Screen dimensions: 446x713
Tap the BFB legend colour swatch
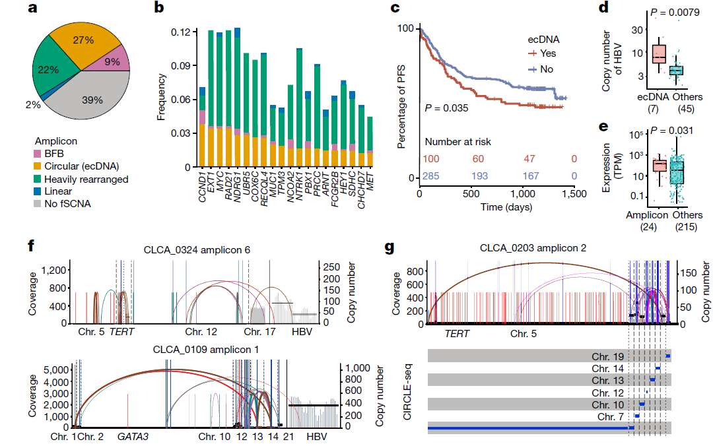[40, 154]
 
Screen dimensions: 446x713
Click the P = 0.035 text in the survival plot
[446, 108]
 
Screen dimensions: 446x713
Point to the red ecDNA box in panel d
[659, 54]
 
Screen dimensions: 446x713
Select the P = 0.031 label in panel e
[673, 128]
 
